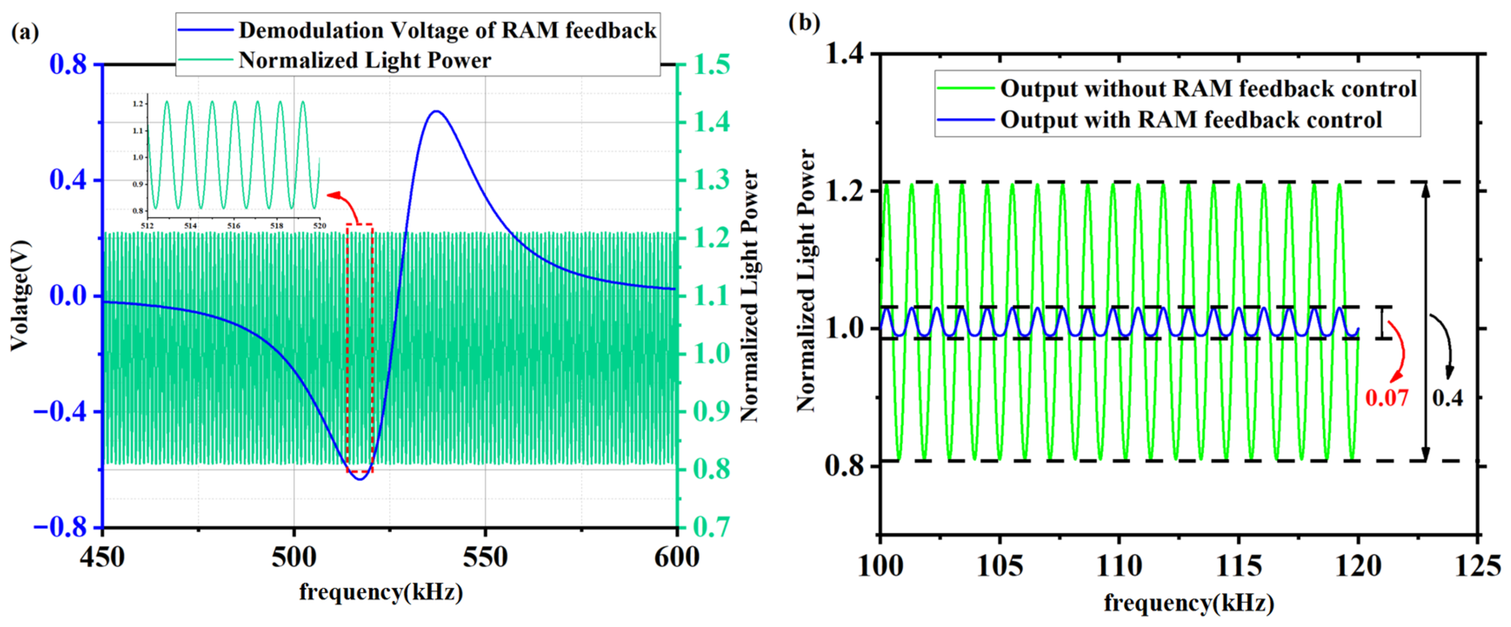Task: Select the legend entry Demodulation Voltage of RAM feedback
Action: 447,30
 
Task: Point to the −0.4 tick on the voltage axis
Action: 60,412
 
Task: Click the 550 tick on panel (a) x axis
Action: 485,557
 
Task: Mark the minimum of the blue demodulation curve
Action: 359,479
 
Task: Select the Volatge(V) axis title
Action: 19,296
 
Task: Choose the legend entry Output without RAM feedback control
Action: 1208,89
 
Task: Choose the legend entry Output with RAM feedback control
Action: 1191,120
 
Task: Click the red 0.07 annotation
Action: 1386,398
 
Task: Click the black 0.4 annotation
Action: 1447,398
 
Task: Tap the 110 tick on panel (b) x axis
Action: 1119,566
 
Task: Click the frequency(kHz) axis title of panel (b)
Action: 1189,603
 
